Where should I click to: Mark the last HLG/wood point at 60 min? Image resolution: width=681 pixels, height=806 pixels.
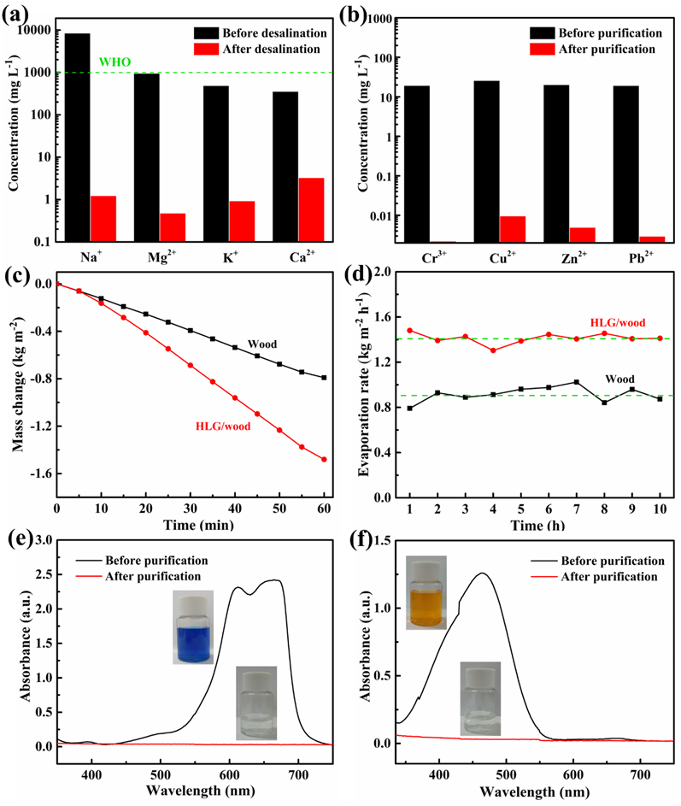pos(324,459)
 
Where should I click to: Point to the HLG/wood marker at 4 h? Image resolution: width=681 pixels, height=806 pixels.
pos(493,350)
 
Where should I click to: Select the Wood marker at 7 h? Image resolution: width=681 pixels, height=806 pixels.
pos(577,382)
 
